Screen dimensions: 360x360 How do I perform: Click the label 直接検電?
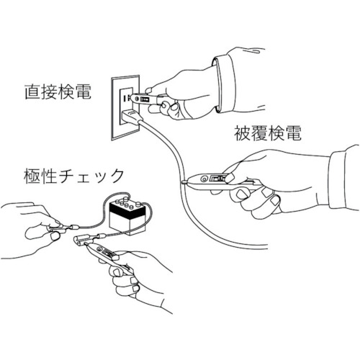(x=58, y=92)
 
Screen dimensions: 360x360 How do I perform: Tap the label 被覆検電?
(x=268, y=133)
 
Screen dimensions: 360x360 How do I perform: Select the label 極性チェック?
(x=73, y=176)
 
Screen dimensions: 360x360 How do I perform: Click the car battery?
(x=127, y=217)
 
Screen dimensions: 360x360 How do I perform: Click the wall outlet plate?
(x=125, y=107)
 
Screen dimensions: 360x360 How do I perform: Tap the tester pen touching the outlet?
(x=146, y=99)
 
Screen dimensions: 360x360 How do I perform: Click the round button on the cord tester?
(x=204, y=179)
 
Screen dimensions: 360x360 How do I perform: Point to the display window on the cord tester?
(x=218, y=179)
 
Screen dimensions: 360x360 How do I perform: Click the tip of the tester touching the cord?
(x=184, y=182)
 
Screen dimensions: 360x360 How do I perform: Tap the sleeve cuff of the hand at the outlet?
(x=224, y=84)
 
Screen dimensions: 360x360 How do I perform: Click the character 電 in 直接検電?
(x=84, y=92)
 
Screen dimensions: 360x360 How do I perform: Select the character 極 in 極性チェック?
(x=32, y=176)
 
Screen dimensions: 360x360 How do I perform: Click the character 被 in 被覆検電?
(x=242, y=133)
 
